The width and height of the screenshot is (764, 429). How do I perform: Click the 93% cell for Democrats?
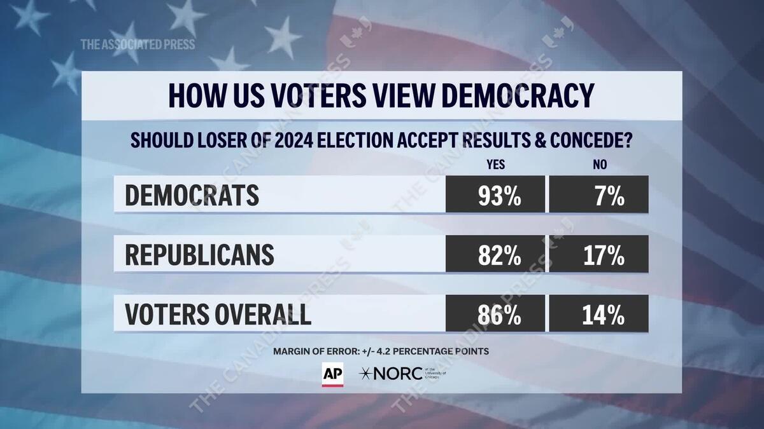(495, 195)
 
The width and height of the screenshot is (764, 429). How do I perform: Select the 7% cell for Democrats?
(599, 195)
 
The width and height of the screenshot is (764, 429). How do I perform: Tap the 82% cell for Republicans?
(495, 254)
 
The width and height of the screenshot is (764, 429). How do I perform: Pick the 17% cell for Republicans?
(599, 254)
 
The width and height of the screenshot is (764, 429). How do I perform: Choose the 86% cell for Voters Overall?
(495, 314)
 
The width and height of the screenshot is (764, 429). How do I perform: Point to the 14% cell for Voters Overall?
(599, 314)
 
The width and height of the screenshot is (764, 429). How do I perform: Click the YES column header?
(495, 165)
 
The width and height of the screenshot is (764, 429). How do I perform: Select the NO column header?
(599, 165)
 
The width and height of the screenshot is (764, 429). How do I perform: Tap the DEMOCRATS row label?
(192, 195)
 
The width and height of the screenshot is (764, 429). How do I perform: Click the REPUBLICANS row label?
(199, 254)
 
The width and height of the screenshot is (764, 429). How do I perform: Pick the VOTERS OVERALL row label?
(218, 314)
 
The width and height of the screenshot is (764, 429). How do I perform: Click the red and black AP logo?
(332, 374)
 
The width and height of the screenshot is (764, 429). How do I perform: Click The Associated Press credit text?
(138, 44)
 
